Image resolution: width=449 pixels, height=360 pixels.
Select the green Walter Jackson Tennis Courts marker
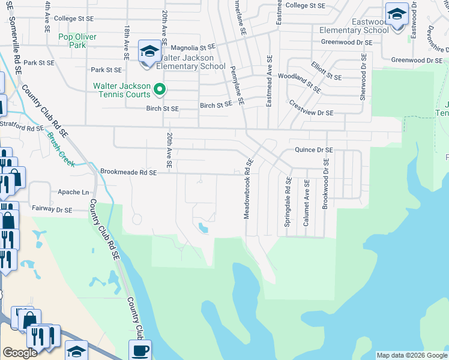[160, 90]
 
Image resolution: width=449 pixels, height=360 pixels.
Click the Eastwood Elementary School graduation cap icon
[397, 14]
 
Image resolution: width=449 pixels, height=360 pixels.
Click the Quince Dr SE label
[313, 150]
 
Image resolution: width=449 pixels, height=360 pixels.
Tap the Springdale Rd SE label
[289, 202]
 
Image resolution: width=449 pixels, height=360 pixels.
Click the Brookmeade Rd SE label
[128, 172]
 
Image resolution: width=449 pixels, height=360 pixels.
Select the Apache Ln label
[73, 192]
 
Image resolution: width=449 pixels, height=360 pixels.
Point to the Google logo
[20, 353]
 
